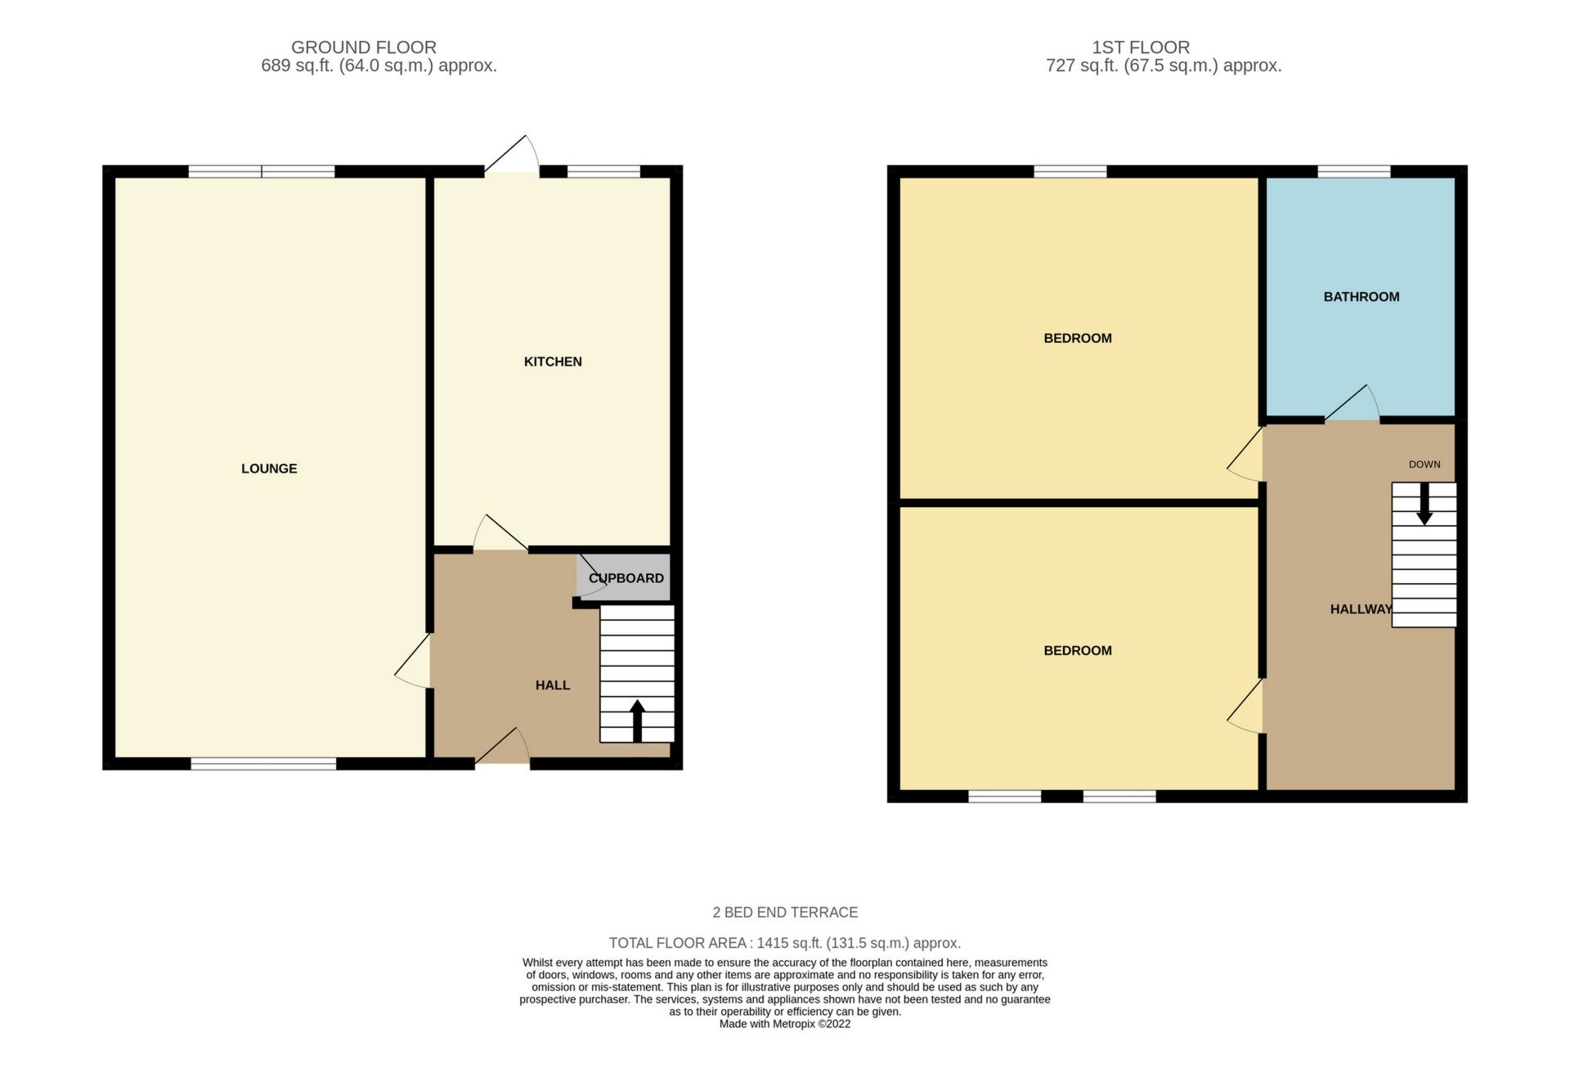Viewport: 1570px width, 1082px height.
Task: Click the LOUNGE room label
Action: [269, 469]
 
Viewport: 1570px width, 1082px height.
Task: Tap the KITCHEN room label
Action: [553, 361]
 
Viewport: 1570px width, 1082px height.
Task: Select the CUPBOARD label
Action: [626, 578]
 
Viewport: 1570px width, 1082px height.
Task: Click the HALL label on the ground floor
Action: [553, 685]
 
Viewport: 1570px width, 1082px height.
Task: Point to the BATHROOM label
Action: [1361, 297]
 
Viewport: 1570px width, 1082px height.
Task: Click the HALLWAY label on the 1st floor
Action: [1361, 609]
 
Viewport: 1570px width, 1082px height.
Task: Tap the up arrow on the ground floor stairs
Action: [637, 720]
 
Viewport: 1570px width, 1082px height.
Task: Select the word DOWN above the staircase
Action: [1424, 465]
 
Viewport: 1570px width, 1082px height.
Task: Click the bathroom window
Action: [1353, 172]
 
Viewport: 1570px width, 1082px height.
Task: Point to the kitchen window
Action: [603, 172]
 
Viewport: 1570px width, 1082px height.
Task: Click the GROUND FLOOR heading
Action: [364, 47]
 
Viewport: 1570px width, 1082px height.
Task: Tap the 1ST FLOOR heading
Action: [1141, 47]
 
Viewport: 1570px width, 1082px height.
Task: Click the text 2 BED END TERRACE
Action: [785, 913]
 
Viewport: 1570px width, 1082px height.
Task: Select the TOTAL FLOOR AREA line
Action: [785, 943]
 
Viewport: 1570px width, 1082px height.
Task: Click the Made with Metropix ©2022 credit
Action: [785, 1024]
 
